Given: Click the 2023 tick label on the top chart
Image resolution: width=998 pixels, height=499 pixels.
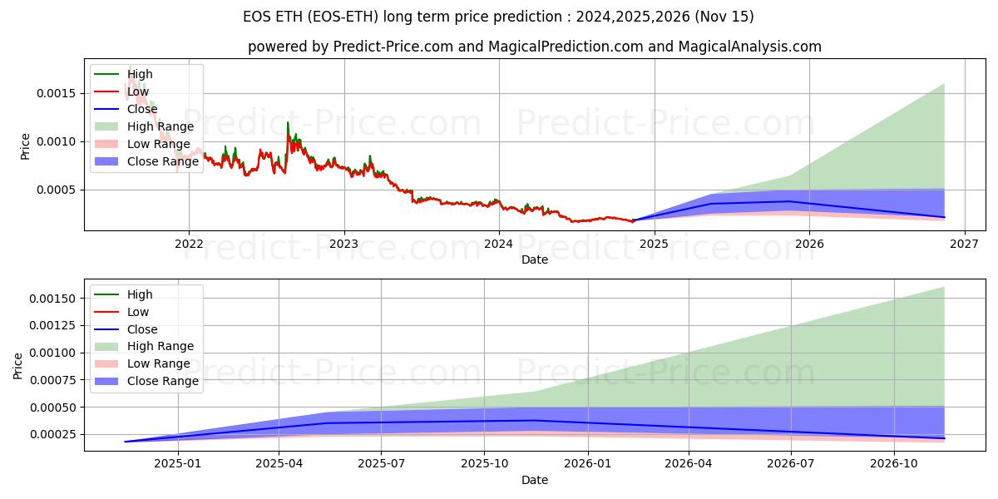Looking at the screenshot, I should (x=343, y=244).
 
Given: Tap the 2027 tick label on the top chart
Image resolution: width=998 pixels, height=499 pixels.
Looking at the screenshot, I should (x=965, y=244).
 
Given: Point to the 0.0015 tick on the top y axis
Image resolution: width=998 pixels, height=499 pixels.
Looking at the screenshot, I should (x=57, y=93).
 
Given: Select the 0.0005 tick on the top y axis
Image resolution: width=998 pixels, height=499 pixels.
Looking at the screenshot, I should (x=57, y=190).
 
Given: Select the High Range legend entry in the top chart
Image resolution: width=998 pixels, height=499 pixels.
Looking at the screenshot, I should (x=161, y=126).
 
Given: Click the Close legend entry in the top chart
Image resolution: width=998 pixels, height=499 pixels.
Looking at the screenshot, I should (x=142, y=109).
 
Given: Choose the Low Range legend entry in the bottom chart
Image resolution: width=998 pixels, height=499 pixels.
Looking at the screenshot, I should (x=159, y=363).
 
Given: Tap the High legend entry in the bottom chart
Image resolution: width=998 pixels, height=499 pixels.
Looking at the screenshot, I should (x=140, y=294).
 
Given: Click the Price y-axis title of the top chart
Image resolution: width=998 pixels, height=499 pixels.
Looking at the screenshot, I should (x=25, y=146).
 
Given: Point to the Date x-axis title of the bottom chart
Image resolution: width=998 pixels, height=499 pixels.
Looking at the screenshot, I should (x=534, y=480).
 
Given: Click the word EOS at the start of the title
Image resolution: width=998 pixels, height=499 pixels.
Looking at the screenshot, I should (x=258, y=17).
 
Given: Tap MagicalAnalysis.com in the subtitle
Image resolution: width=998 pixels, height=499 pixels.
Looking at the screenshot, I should (x=749, y=47).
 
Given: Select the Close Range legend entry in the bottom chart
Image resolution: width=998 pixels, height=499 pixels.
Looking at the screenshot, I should (x=162, y=381).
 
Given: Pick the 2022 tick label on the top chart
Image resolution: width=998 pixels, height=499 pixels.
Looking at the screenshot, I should (x=189, y=244).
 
